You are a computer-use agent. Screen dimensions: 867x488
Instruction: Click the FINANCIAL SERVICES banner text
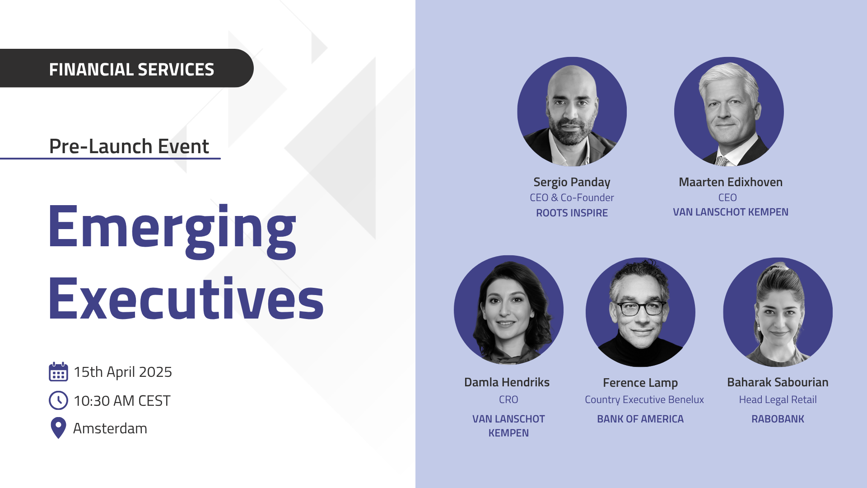(131, 70)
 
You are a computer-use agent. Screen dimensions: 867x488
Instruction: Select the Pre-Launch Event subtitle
(129, 146)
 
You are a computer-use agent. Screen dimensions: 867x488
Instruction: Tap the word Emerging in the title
(172, 230)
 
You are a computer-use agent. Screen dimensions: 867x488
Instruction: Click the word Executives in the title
(186, 298)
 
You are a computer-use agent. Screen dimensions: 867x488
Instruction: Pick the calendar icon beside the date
(58, 372)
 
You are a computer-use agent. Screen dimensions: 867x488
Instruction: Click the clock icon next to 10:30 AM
(58, 400)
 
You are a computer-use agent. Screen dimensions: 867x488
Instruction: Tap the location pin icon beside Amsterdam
(58, 428)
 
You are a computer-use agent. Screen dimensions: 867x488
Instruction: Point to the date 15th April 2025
(123, 372)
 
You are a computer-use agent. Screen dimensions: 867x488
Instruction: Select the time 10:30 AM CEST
(122, 401)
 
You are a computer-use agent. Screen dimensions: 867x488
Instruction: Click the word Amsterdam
(110, 428)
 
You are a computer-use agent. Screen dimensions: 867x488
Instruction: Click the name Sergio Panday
(572, 182)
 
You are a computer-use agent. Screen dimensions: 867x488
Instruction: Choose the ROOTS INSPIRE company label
(572, 213)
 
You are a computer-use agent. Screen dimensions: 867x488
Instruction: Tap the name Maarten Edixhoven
(731, 182)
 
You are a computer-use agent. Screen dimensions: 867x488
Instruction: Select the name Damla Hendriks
(507, 382)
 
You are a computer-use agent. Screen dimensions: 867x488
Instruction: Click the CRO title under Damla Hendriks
(508, 400)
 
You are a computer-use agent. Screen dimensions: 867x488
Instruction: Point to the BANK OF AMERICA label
(640, 419)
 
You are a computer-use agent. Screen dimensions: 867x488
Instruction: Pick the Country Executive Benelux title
(644, 400)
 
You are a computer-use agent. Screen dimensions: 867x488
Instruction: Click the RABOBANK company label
(778, 419)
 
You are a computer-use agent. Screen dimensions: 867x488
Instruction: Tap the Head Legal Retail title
(778, 400)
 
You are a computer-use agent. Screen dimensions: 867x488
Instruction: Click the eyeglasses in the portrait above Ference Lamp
(641, 309)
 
